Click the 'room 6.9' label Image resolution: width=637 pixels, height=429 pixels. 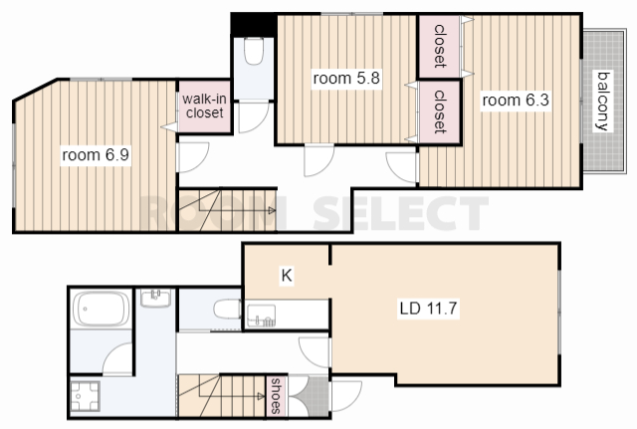click(x=96, y=155)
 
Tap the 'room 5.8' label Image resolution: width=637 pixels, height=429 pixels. click(x=346, y=78)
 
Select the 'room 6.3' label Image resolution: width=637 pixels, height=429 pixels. click(x=516, y=100)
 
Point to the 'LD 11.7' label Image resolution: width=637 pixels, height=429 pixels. click(x=429, y=309)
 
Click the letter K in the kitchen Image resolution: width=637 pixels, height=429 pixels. click(x=287, y=276)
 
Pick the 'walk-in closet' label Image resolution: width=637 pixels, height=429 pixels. click(x=204, y=106)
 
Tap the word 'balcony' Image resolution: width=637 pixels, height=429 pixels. click(x=604, y=101)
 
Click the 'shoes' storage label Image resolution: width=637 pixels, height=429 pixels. click(x=277, y=396)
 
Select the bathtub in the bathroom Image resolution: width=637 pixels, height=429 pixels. click(x=102, y=309)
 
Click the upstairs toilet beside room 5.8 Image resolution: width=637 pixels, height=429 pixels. click(x=254, y=51)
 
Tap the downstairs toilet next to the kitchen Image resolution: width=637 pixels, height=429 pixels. click(x=227, y=310)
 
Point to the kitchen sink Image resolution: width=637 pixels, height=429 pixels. click(x=261, y=316)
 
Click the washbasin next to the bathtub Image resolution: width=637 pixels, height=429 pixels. click(x=155, y=299)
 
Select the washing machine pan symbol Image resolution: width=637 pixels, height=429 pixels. click(x=85, y=396)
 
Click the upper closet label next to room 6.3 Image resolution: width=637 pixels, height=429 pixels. click(x=440, y=46)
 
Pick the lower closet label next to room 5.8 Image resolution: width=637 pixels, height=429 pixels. click(x=440, y=111)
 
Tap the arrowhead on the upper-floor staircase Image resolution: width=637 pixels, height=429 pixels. click(x=272, y=210)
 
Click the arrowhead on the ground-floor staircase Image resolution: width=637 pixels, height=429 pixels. click(x=261, y=396)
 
